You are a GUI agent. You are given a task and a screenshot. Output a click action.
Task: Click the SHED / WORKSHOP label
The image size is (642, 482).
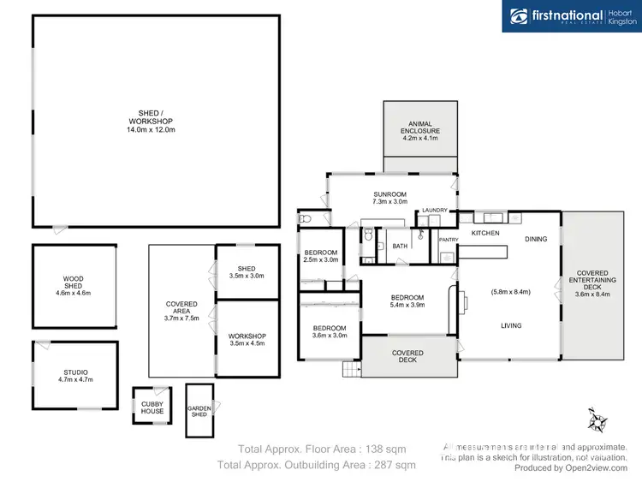pyautogui.click(x=157, y=121)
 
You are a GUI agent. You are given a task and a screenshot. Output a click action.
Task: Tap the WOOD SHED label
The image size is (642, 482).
pyautogui.click(x=73, y=285)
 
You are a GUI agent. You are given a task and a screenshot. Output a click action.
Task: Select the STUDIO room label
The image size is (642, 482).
pyautogui.click(x=75, y=375)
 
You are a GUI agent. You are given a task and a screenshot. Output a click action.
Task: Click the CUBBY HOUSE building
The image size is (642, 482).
pyautogui.click(x=152, y=406)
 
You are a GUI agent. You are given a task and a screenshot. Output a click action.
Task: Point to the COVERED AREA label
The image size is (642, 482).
pyautogui.click(x=181, y=310)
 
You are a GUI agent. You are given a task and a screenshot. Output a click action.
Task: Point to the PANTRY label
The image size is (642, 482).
pyautogui.click(x=449, y=240)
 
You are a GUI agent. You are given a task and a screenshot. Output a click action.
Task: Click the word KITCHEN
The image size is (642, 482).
pyautogui.click(x=485, y=233)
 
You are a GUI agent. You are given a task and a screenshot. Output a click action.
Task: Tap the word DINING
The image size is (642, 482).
pyautogui.click(x=536, y=239)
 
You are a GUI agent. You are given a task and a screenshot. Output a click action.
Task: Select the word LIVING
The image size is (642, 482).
pyautogui.click(x=512, y=325)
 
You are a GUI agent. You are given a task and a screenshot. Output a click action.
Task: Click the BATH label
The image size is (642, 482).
pyautogui.click(x=400, y=246)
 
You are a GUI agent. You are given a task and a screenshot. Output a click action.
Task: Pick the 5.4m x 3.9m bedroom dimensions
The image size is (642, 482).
pyautogui.click(x=407, y=304)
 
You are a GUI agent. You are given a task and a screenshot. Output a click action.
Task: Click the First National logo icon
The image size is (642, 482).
pyautogui.click(x=519, y=15)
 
